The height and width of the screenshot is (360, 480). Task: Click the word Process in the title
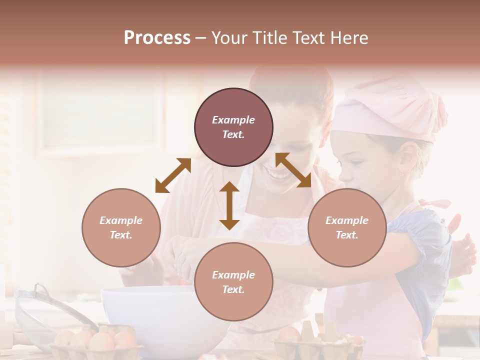pos(157,38)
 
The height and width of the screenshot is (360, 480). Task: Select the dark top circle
pos(233,127)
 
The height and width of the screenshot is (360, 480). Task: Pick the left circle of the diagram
pos(121,227)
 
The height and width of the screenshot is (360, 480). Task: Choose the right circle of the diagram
pos(347,227)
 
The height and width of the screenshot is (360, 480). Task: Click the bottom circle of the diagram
pos(233,281)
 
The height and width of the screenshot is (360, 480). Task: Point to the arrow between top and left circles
pos(173,175)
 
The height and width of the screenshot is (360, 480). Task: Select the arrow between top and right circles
pos(293,170)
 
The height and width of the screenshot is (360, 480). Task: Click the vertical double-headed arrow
pos(229,205)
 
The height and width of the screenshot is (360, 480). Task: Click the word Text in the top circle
pos(233,134)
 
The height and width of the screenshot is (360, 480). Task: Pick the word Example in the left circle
pos(121,220)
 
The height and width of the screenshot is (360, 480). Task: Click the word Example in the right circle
pos(347,220)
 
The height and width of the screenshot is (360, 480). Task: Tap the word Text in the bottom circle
pos(233,289)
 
